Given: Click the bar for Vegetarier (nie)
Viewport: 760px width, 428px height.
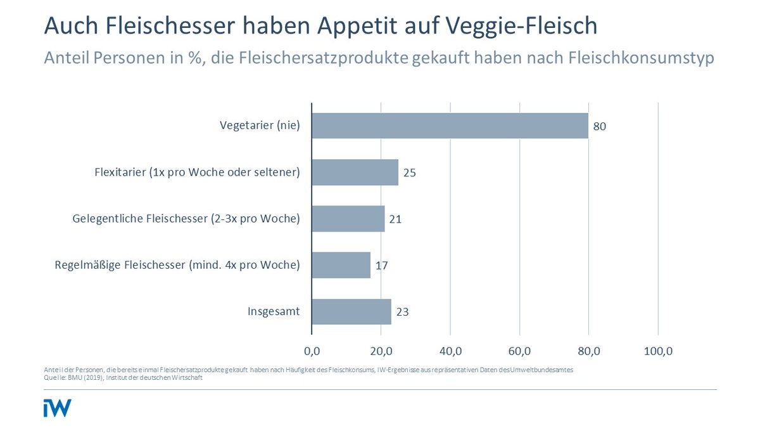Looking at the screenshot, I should [x=450, y=126].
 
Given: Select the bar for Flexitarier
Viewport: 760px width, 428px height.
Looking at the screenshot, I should [x=355, y=172].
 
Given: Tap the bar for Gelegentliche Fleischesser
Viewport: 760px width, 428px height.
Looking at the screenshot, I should [x=348, y=219].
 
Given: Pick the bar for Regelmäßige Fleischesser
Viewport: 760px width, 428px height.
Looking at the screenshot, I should [x=341, y=265].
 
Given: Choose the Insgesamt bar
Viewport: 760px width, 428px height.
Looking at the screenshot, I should [x=351, y=311].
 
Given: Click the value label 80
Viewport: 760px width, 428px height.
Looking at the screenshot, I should [x=600, y=126].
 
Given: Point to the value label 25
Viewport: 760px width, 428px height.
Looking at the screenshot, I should [x=409, y=172].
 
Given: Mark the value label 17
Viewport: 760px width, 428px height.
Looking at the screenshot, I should [x=381, y=266].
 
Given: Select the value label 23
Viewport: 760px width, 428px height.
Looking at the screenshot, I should [x=402, y=312].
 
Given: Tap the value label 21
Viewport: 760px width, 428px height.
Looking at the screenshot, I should [x=395, y=219].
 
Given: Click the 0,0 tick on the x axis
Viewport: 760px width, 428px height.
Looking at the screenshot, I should [x=312, y=351].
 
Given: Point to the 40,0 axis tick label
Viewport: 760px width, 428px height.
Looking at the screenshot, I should [x=450, y=351].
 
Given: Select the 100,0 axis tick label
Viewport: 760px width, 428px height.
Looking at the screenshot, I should [x=658, y=351].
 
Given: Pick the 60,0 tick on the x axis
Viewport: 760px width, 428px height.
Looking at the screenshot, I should [x=519, y=351].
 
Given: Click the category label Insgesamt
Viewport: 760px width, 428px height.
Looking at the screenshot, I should [x=274, y=311].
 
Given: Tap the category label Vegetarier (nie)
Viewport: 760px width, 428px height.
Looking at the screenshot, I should [x=260, y=126].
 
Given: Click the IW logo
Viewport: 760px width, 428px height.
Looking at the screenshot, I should [x=57, y=408].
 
